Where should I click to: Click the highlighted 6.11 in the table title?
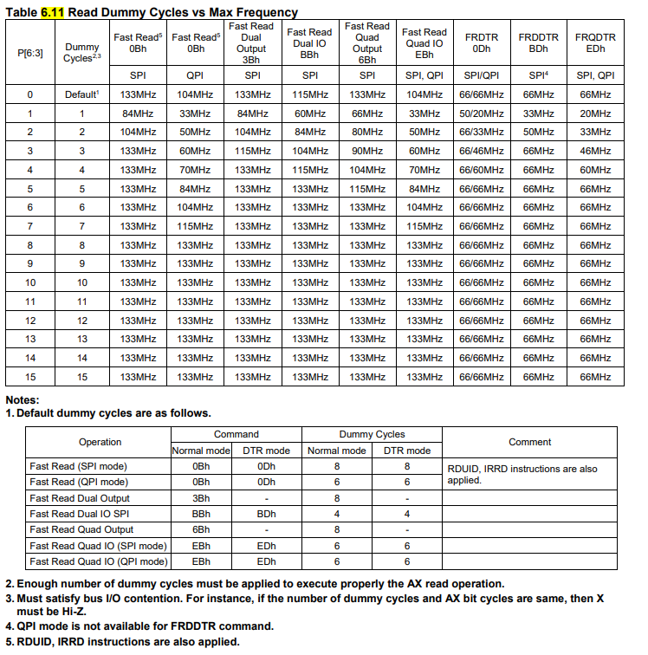tap(52, 12)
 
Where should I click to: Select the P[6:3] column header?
tap(30, 53)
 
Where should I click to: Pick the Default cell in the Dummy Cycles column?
tap(82, 94)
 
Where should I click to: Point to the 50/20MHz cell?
tap(481, 113)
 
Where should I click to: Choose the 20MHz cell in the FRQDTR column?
tap(595, 113)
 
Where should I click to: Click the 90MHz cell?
tap(366, 151)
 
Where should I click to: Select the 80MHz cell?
tap(366, 132)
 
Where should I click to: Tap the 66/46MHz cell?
tap(481, 151)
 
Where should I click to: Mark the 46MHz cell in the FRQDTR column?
tap(595, 151)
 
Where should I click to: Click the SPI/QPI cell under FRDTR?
tap(481, 75)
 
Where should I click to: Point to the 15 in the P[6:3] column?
tap(30, 377)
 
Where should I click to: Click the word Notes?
tap(22, 400)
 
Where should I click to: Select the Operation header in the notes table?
tap(100, 442)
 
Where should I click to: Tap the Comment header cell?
tap(529, 442)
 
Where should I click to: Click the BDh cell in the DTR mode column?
tap(266, 514)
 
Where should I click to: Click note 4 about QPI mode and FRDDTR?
tap(139, 626)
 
